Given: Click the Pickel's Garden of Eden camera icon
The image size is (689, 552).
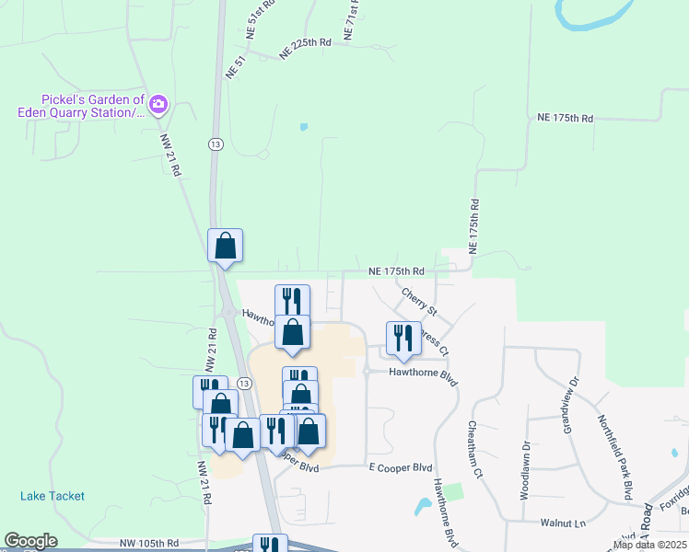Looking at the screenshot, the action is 158,104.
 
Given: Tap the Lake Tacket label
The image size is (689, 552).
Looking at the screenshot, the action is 53,496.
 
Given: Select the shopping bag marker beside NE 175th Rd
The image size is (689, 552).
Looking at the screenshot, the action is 225,246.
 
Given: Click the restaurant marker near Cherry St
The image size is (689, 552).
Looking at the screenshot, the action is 403,339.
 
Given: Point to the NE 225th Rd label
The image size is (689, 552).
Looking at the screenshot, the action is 305,54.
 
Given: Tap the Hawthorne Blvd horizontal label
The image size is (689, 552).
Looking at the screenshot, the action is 423,374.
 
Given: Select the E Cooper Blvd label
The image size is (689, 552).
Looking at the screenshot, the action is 401,467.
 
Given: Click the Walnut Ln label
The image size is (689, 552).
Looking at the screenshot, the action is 563,523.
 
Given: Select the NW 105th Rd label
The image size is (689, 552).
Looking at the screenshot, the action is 155,544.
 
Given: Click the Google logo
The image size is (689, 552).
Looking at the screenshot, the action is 30,541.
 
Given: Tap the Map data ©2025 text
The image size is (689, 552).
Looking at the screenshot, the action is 648,545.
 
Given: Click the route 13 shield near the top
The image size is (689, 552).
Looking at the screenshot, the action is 215,144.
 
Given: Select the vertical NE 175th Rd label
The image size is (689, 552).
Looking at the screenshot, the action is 474,225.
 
